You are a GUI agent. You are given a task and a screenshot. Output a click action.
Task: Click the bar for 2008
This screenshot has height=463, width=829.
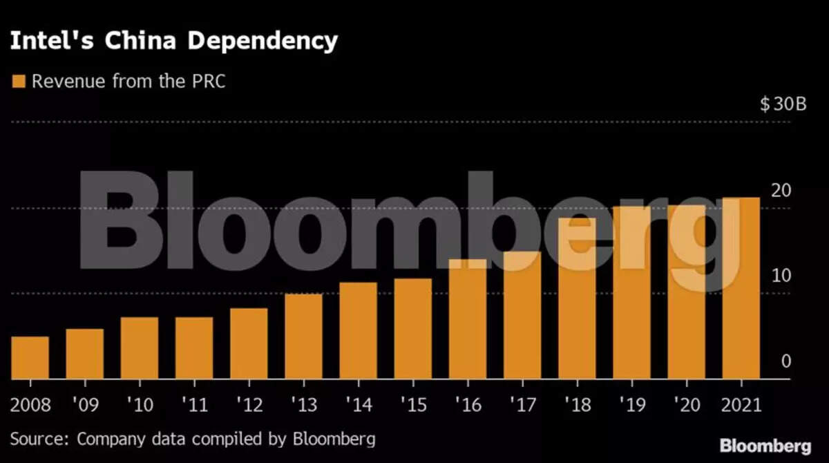coord(30,358)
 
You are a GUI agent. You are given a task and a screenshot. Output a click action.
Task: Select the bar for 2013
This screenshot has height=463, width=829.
coord(303,337)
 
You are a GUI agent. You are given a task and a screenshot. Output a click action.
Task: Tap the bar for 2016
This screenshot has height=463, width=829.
coord(468,319)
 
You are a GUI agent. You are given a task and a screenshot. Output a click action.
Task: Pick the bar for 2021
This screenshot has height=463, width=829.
coord(741,288)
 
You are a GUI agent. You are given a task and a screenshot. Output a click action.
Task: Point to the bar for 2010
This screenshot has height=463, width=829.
coord(140,348)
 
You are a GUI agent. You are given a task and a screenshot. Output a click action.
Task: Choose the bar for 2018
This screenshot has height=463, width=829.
coord(577,299)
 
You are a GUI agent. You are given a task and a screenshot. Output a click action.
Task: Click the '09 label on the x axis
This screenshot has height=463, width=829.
coord(84,404)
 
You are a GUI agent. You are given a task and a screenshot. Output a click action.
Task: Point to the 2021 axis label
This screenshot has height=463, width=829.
coord(741,404)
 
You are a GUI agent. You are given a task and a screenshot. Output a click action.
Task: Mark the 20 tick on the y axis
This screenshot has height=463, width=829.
coord(781,190)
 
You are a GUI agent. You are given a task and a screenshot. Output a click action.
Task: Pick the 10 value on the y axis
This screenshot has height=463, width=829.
coord(781,276)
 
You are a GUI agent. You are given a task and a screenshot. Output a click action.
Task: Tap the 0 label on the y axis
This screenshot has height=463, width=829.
coord(785,361)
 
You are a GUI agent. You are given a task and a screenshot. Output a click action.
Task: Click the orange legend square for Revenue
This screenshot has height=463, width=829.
coord(19,82)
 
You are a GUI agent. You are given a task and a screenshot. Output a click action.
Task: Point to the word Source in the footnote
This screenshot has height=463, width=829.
coord(39,439)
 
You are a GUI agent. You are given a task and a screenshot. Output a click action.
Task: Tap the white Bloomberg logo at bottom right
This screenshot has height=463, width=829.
coord(765,446)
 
